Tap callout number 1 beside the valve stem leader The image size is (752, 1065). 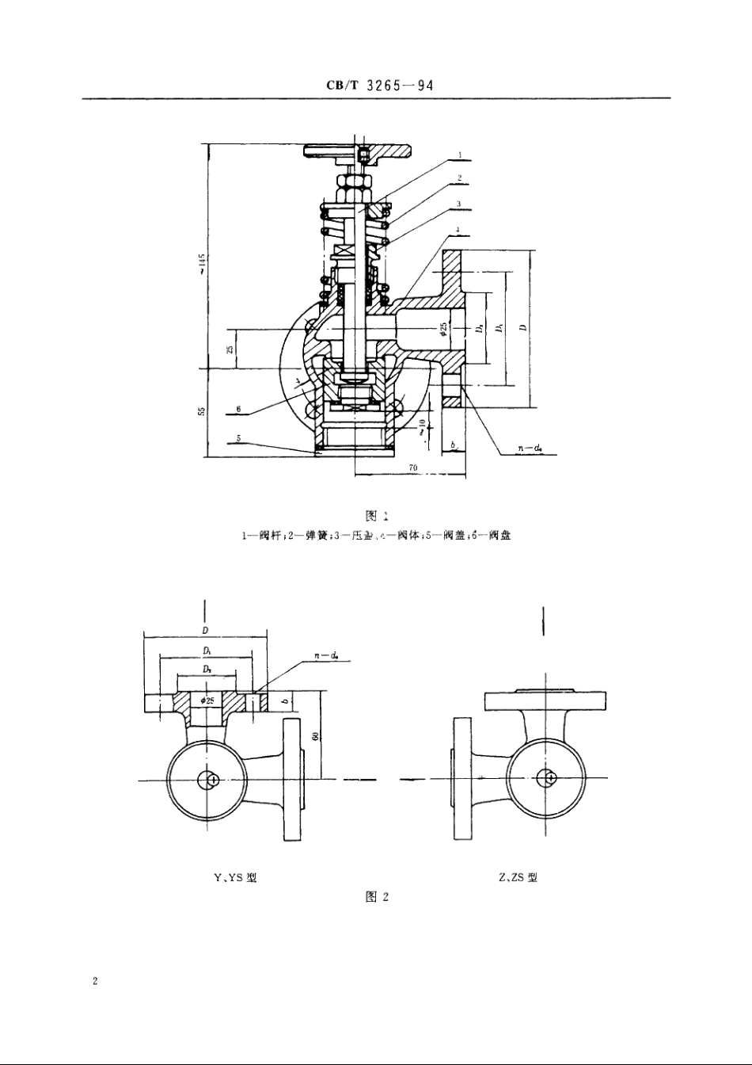459,156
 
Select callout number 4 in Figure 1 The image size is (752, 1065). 459,231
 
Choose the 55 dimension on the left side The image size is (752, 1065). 202,411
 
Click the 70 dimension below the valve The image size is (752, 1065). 412,468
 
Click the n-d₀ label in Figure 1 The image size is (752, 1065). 530,449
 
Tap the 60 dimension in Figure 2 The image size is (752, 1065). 314,736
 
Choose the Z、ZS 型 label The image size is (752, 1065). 518,877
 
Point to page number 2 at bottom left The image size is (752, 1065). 95,982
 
